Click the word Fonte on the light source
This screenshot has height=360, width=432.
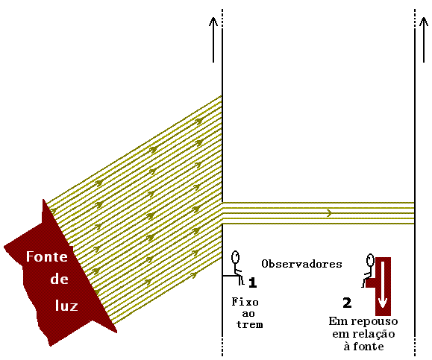(47, 256)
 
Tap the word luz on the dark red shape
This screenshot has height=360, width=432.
(66, 306)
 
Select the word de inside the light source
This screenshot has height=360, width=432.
(59, 279)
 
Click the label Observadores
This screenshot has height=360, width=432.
(301, 264)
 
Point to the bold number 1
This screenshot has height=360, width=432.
(253, 282)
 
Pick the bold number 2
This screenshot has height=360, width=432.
(347, 303)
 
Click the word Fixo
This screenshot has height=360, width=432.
(245, 302)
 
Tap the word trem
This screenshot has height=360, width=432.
(250, 325)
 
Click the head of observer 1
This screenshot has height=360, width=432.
(235, 257)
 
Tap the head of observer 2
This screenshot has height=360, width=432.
(370, 260)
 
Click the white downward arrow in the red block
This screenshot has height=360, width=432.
(383, 285)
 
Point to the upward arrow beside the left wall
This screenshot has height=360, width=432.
(213, 40)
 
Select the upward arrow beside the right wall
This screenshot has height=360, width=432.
(424, 40)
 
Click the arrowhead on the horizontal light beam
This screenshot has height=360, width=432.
(329, 213)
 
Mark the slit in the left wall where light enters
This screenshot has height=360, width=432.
(222, 213)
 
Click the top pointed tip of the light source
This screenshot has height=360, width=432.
(43, 200)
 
